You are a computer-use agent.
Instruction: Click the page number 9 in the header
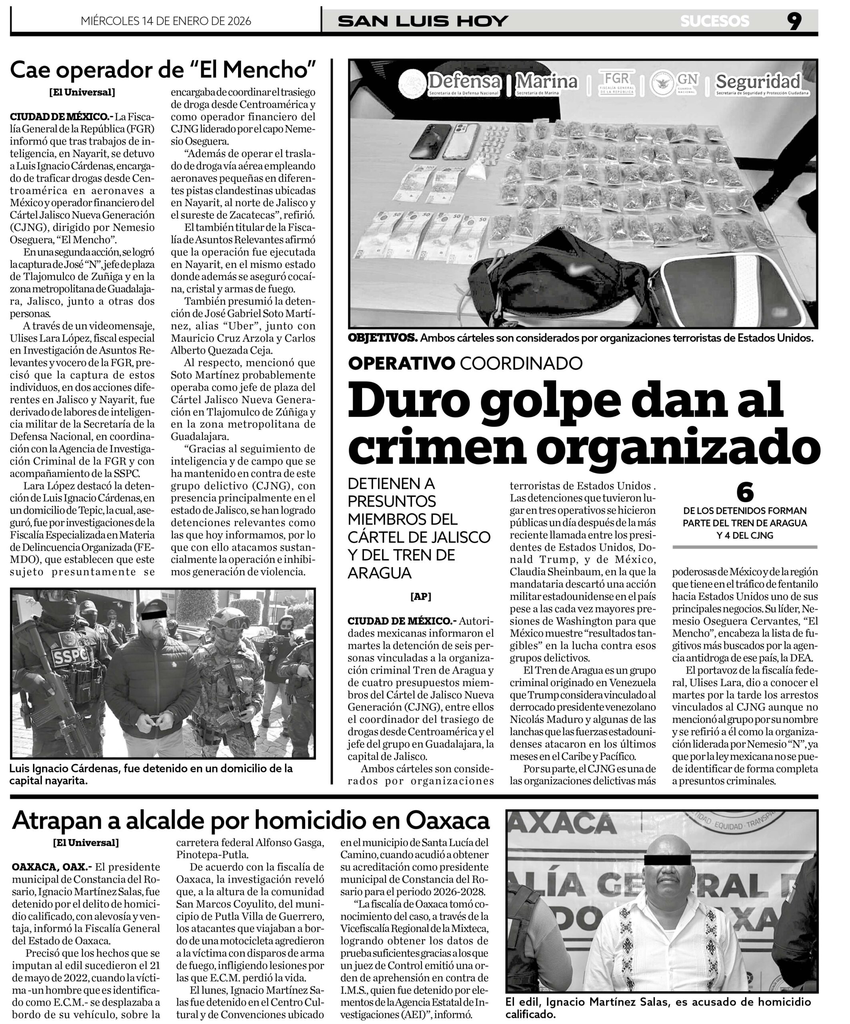pyautogui.click(x=794, y=21)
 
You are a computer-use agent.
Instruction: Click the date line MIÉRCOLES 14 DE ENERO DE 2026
pyautogui.click(x=166, y=21)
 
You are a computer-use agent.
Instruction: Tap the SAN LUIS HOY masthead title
pyautogui.click(x=423, y=21)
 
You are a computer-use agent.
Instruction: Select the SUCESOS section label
pyautogui.click(x=714, y=21)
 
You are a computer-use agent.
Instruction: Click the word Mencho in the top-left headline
pyautogui.click(x=271, y=70)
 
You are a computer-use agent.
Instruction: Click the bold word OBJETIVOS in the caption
pyautogui.click(x=382, y=338)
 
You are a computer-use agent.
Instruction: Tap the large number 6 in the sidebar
pyautogui.click(x=745, y=492)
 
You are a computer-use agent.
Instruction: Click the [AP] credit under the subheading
pyautogui.click(x=420, y=596)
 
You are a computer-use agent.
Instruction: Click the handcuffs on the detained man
pyautogui.click(x=153, y=719)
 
